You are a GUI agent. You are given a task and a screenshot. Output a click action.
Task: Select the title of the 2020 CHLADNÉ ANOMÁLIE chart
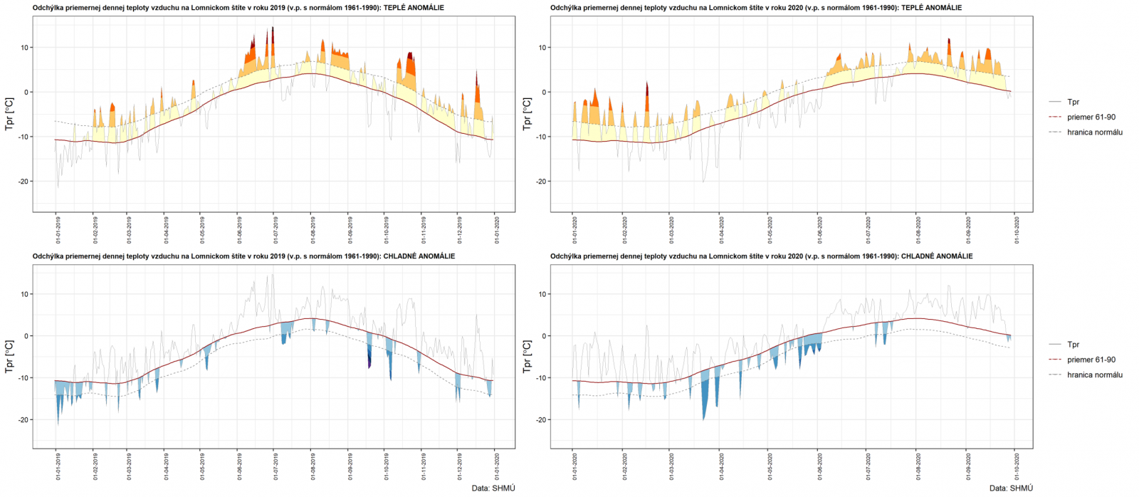[761, 256]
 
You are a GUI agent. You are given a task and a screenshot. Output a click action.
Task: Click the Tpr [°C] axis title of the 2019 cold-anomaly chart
[9, 357]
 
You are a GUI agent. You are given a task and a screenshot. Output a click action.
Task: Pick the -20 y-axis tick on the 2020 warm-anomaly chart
[542, 182]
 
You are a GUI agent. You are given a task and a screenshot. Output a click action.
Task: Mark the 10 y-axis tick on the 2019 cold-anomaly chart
[25, 294]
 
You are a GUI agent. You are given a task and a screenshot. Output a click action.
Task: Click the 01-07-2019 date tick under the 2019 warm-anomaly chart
[276, 231]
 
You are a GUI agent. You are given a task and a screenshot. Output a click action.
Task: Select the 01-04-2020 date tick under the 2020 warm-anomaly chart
[722, 231]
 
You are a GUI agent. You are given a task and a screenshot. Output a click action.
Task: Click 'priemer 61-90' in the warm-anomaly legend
[1091, 117]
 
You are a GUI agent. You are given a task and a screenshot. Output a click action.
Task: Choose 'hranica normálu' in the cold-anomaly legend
[1094, 375]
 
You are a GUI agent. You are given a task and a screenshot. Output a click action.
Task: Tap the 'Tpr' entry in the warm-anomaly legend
[1073, 103]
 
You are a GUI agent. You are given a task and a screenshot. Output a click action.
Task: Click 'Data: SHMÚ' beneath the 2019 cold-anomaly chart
[493, 488]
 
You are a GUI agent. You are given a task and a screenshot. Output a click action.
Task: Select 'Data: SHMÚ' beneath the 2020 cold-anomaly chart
[1011, 488]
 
